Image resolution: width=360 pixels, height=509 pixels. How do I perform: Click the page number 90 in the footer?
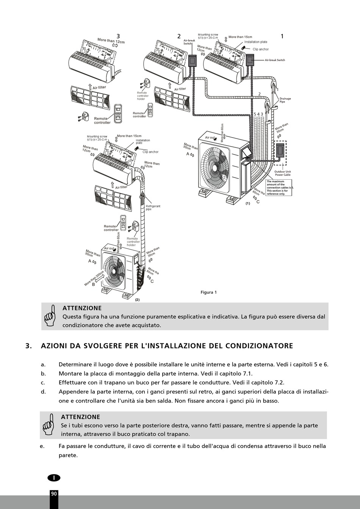click(54, 493)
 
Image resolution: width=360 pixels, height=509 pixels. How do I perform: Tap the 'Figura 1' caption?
click(208, 292)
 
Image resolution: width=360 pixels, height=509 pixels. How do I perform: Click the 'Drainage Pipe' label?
click(285, 100)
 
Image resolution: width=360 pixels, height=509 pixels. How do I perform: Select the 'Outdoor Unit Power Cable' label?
click(283, 173)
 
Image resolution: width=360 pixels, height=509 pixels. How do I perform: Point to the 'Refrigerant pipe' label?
click(153, 208)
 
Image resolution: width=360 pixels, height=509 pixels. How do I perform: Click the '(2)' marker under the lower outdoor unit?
click(137, 299)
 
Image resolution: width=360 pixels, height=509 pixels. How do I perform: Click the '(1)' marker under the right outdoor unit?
click(247, 203)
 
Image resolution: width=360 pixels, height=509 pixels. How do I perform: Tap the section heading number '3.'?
click(28, 346)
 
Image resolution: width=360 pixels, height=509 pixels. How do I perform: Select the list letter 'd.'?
click(43, 392)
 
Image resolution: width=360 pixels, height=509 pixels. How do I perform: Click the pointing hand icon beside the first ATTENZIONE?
click(50, 316)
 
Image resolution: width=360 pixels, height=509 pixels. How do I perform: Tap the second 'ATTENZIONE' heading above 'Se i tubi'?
click(80, 417)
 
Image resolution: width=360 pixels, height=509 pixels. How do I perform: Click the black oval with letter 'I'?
click(54, 478)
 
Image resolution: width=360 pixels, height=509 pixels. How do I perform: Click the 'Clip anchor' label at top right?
click(261, 49)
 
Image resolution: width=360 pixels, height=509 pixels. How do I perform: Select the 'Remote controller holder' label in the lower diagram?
click(133, 242)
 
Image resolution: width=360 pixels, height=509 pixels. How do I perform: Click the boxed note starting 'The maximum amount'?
click(280, 188)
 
